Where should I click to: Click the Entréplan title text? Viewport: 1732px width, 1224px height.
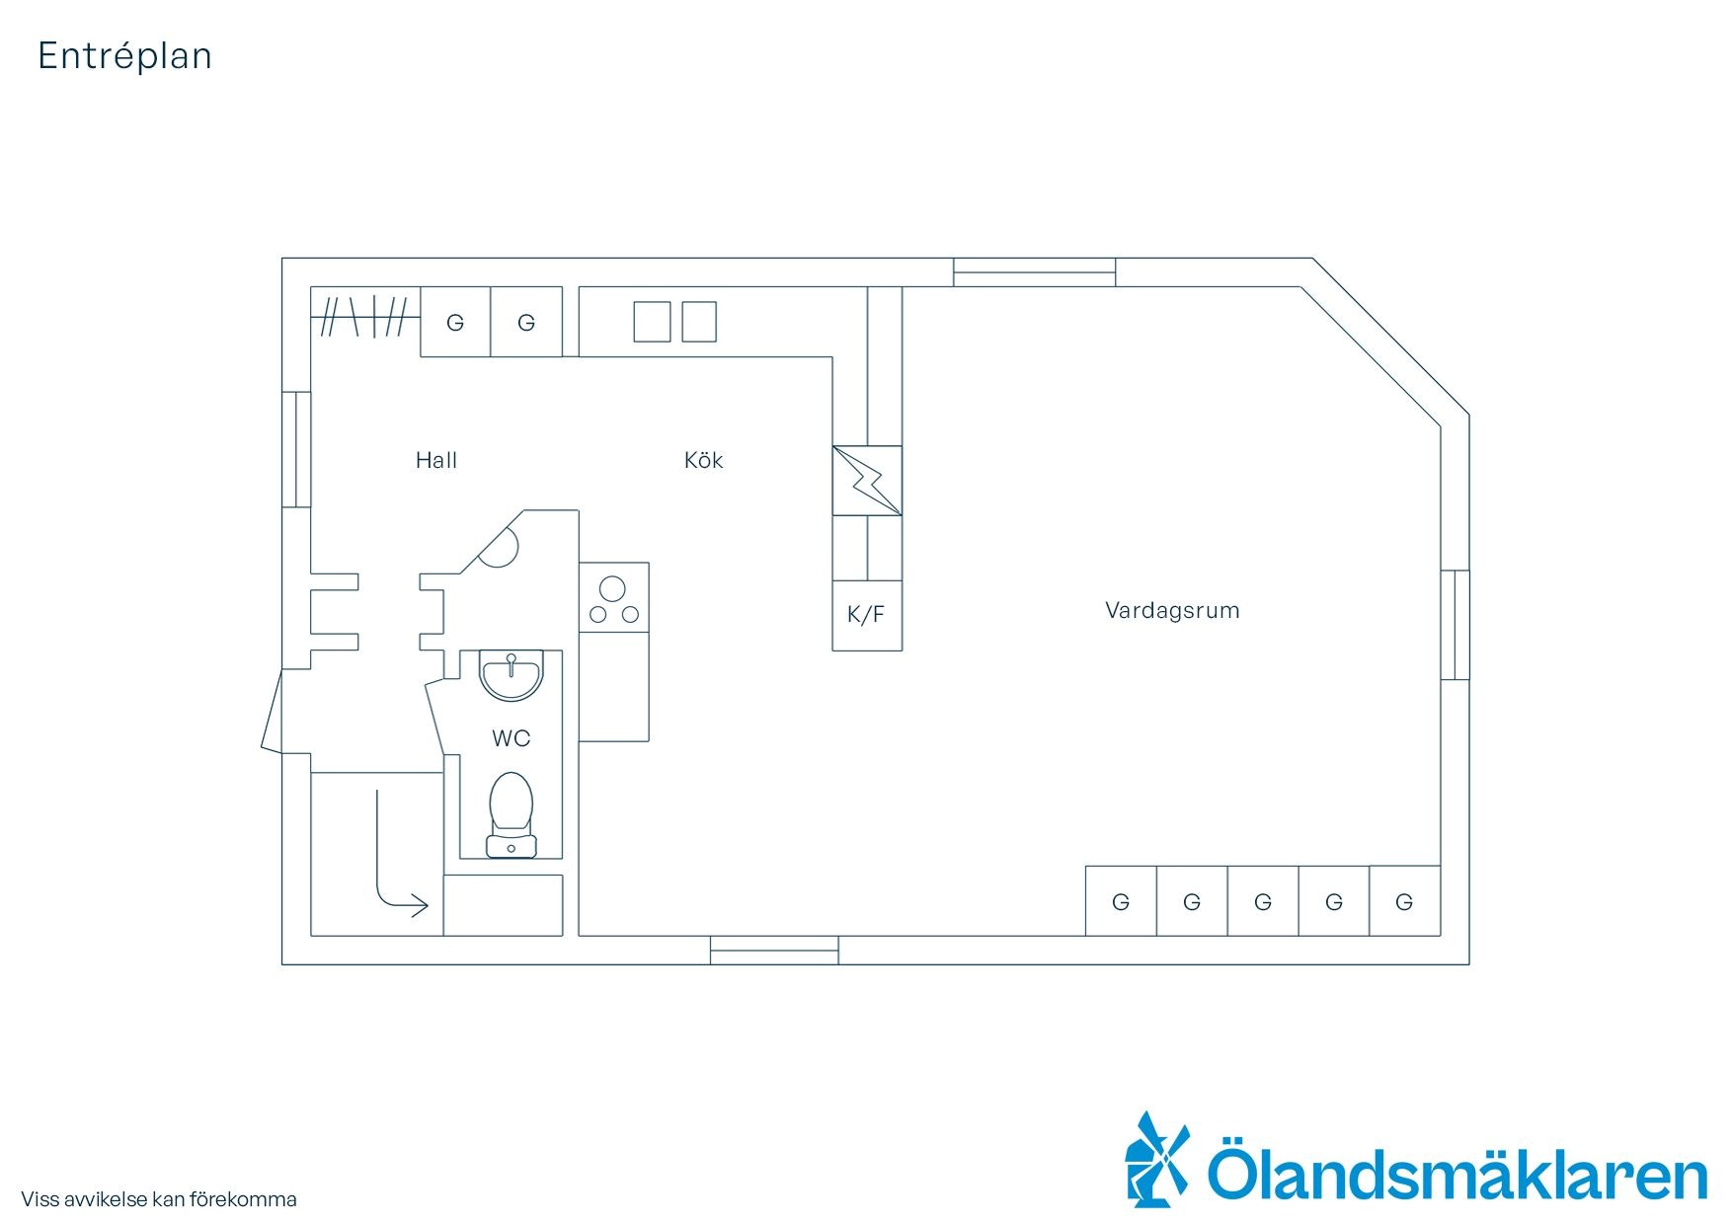(124, 56)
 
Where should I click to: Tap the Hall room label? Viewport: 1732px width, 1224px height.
(435, 460)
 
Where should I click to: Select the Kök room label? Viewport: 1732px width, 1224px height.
(703, 460)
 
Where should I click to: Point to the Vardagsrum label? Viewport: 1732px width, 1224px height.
(1172, 610)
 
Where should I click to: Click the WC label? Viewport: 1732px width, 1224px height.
(511, 738)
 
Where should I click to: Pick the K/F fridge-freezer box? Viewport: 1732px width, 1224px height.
(867, 615)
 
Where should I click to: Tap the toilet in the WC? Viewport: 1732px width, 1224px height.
(511, 814)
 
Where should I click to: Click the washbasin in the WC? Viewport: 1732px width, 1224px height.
(511, 675)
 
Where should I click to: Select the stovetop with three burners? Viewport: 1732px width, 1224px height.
(613, 597)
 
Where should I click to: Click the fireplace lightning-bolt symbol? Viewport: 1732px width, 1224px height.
(867, 481)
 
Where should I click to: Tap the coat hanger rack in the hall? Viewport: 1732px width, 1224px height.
(365, 317)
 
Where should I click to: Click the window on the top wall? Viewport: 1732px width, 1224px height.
(1034, 272)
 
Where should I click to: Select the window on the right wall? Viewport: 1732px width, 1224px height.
(1455, 625)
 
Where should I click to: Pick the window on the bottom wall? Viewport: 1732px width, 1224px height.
(774, 950)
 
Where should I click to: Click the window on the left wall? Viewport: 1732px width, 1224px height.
(296, 450)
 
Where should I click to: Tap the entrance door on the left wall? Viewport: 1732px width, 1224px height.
(273, 711)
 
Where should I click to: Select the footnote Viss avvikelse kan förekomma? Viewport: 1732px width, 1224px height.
(159, 1200)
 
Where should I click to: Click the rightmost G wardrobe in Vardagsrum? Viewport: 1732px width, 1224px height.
(1404, 901)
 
